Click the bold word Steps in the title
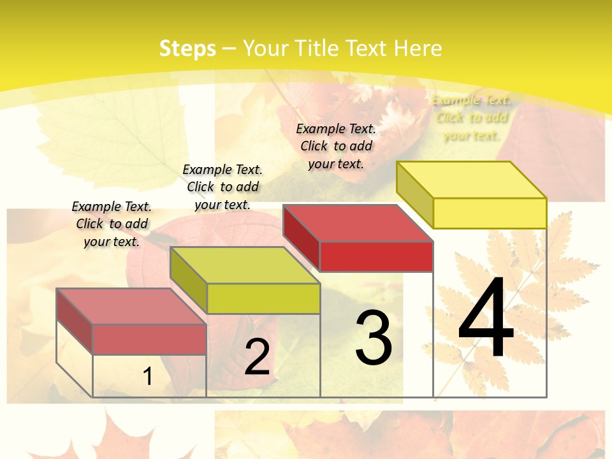(187, 48)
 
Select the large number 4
(486, 320)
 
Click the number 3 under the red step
(374, 338)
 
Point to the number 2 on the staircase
(258, 357)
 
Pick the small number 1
(147, 377)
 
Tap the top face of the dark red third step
(358, 223)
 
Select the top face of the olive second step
(245, 265)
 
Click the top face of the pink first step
(131, 307)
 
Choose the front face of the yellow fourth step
(490, 213)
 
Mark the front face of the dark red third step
(376, 256)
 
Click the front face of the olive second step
(263, 298)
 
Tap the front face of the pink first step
(149, 339)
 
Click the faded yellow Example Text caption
(471, 118)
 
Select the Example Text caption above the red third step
(336, 146)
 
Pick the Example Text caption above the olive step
(222, 187)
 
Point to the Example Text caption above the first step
(112, 224)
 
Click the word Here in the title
(418, 48)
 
